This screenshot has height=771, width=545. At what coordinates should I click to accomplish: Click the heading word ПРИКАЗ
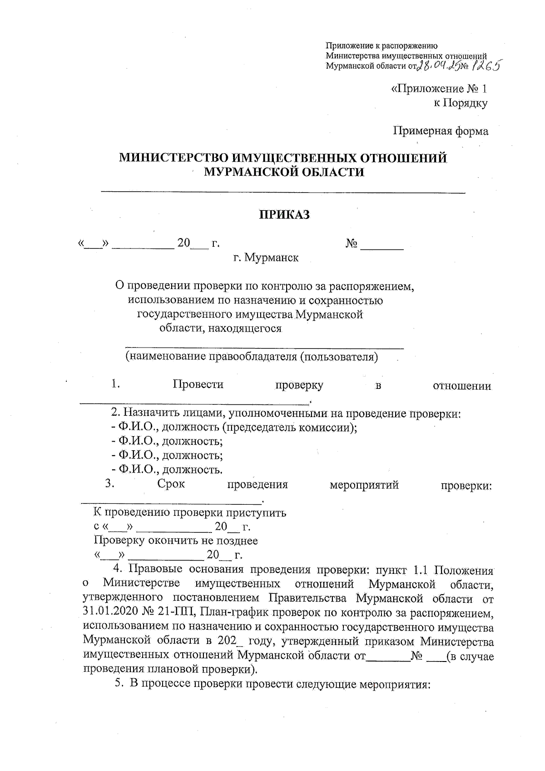click(284, 214)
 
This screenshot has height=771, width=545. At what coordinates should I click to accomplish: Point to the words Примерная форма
click(441, 131)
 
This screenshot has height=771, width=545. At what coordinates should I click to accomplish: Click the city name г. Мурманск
click(266, 258)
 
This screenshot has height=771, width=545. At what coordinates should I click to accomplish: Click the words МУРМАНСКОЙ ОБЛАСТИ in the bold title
click(284, 172)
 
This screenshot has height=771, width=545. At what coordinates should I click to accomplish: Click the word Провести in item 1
click(198, 385)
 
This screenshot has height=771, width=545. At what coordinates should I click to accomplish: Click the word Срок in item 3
click(171, 484)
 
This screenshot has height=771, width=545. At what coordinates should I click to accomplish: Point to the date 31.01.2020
click(110, 612)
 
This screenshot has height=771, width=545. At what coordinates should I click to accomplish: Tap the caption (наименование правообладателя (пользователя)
click(252, 357)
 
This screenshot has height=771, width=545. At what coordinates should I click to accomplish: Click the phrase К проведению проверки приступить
click(190, 513)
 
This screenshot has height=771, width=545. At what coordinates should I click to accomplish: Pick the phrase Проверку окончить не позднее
click(176, 541)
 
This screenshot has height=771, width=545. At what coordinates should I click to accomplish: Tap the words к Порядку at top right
click(461, 103)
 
